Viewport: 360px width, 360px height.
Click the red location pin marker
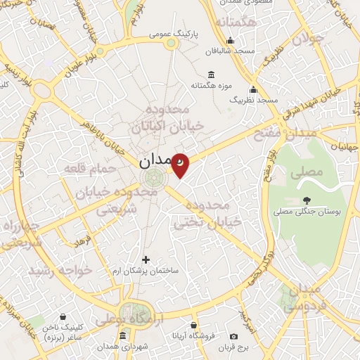(x=181, y=165)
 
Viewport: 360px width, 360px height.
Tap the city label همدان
(x=155, y=161)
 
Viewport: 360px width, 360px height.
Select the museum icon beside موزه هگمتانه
(x=211, y=75)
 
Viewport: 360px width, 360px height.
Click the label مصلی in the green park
(x=310, y=171)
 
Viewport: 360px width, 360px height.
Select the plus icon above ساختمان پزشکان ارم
(x=146, y=259)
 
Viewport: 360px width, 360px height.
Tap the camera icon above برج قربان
(x=233, y=336)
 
